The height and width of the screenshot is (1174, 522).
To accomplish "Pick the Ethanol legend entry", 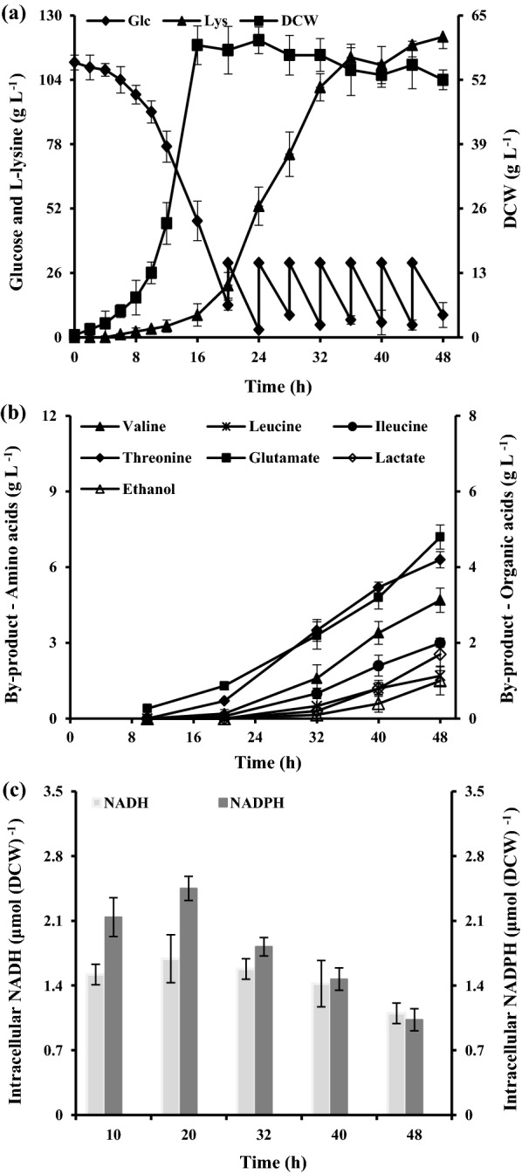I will coord(128,489).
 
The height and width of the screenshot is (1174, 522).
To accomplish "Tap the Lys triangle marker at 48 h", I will coord(442,37).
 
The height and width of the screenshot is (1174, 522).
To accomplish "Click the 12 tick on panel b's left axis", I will coord(56,417).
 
